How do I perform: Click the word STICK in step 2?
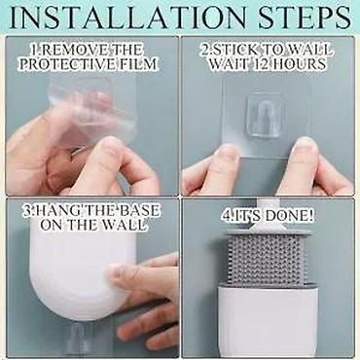(x=234, y=50)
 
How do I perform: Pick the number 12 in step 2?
(x=262, y=63)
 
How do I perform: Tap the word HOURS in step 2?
(x=299, y=63)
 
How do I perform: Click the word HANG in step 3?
(x=56, y=211)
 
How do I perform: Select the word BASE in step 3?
(x=139, y=211)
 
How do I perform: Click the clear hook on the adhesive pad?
(x=262, y=114)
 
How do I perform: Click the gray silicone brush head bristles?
(x=269, y=258)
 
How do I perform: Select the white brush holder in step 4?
(x=268, y=318)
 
